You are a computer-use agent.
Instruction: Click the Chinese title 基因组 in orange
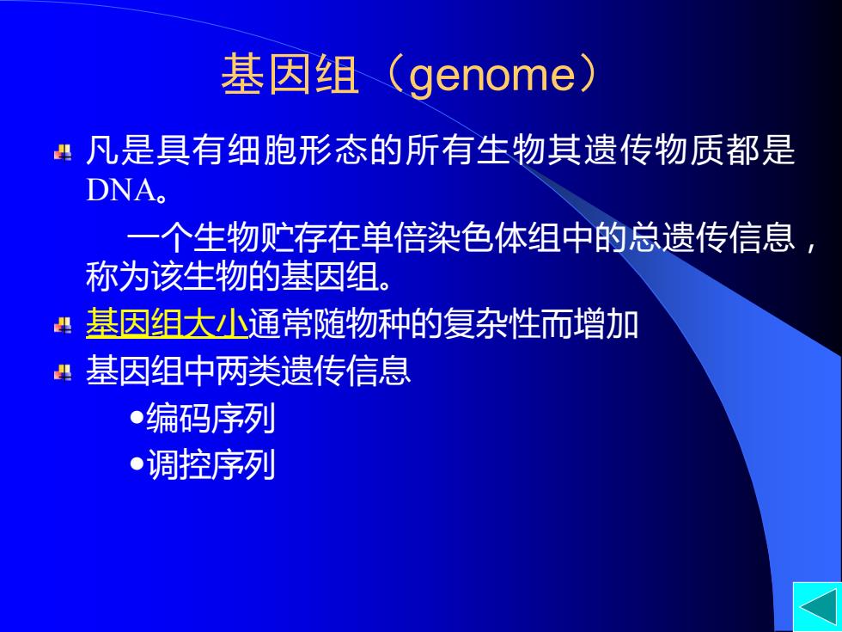point(290,75)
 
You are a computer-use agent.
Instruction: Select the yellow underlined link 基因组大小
point(167,322)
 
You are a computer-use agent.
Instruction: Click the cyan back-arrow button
point(817,607)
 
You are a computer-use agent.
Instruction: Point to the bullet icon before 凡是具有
point(63,153)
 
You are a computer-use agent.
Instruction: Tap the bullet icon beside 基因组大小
point(63,325)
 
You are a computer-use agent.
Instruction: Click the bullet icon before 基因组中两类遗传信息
point(63,371)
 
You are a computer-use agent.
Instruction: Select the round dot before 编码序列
point(137,417)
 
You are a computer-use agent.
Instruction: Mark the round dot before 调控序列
point(137,463)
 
